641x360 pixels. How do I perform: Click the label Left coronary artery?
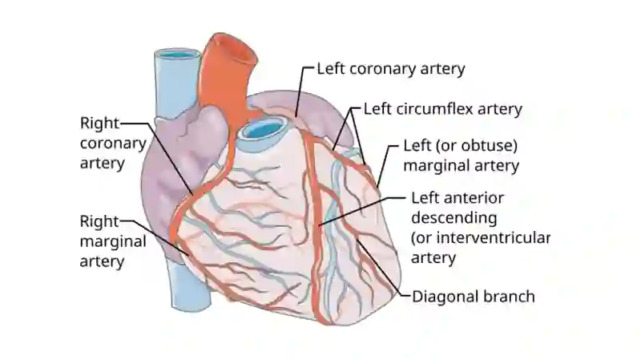coord(391,69)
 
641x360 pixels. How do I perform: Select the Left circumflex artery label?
coord(443,109)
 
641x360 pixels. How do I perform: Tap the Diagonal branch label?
coord(474,296)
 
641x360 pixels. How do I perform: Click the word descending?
coord(454,217)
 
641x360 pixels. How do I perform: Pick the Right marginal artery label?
coord(113,241)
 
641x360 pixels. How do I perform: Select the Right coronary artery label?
coord(113,143)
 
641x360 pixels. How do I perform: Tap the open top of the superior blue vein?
coord(177,54)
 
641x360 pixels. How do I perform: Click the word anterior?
coord(478,198)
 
